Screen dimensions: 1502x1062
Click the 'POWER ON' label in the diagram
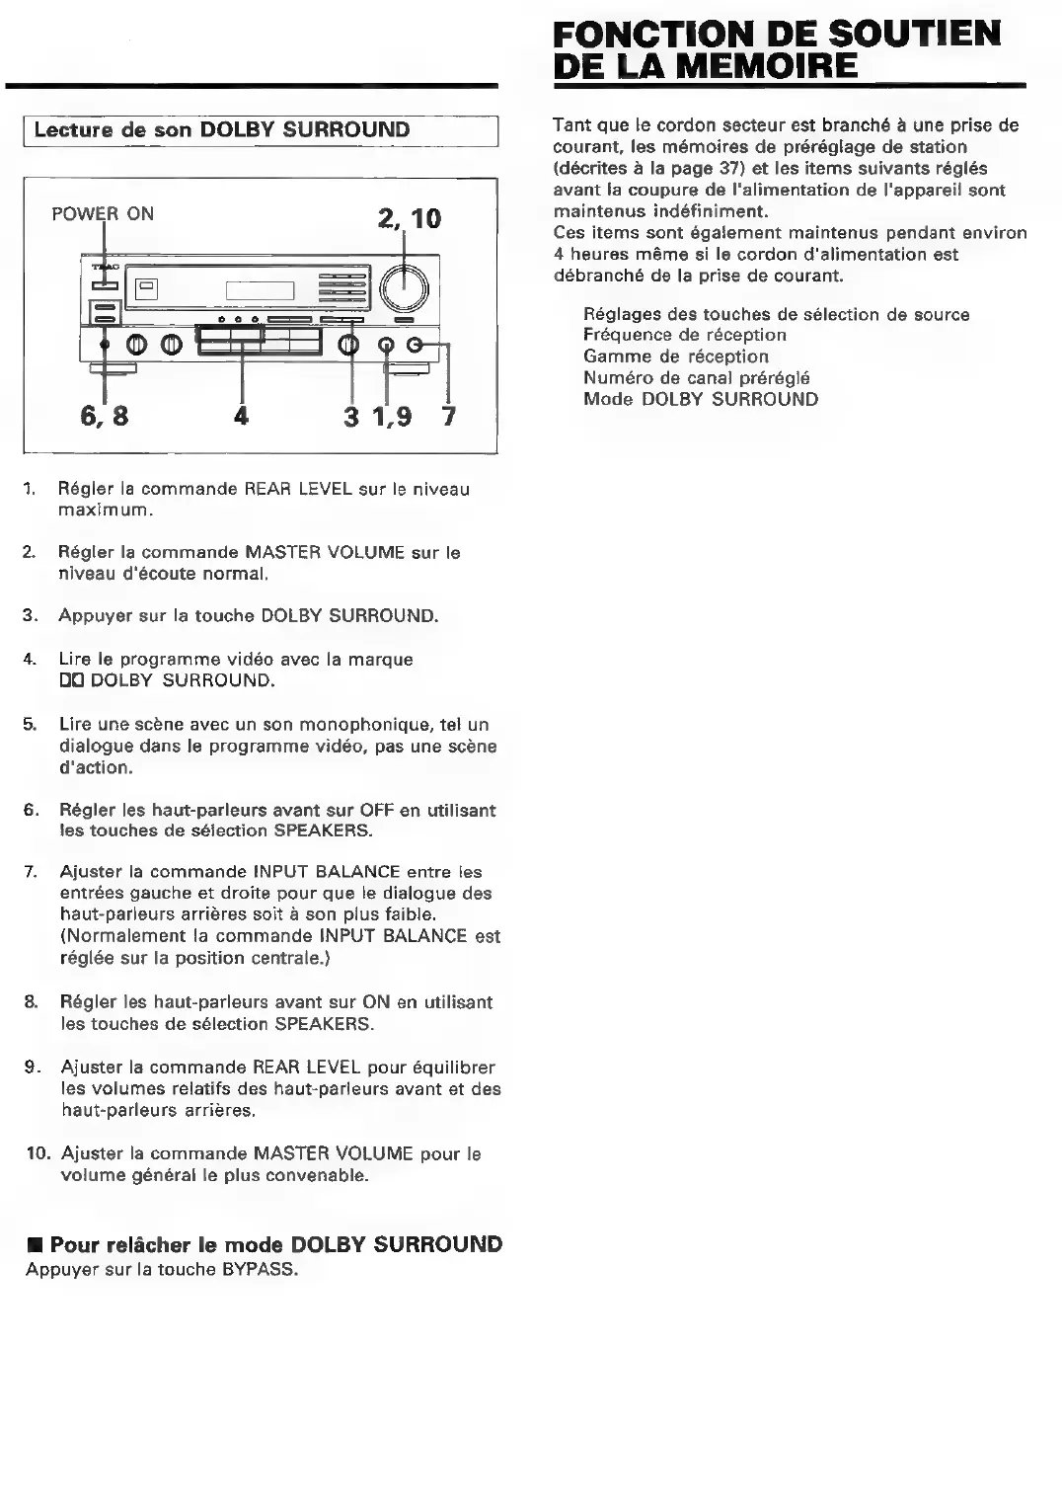[103, 213]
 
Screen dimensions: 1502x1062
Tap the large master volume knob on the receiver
[405, 286]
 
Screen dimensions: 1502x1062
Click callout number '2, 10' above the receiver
[409, 218]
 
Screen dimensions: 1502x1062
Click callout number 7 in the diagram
[449, 416]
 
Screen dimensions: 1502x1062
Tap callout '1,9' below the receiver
[392, 416]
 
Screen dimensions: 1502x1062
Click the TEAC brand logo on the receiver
[104, 268]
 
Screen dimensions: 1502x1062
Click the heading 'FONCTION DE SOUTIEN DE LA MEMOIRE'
[777, 50]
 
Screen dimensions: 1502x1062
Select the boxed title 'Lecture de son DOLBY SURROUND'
[222, 130]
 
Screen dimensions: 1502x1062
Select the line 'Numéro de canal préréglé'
[696, 378]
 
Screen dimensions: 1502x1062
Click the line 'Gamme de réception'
[675, 356]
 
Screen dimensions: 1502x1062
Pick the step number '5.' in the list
[31, 725]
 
